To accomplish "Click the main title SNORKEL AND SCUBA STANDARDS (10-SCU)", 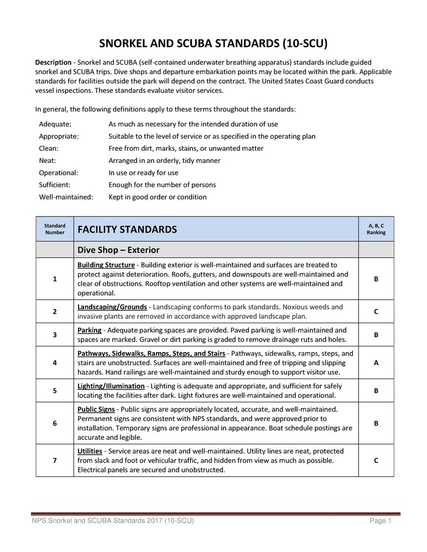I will [x=213, y=43].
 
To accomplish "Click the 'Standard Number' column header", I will [x=55, y=229].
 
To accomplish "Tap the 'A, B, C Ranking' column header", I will [x=376, y=229].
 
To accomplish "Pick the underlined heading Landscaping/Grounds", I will [x=112, y=307].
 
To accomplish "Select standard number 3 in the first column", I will [x=55, y=334].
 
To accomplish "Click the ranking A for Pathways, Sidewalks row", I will [x=376, y=362].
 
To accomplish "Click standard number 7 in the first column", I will [x=55, y=460].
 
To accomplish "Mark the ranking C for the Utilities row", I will [x=376, y=460].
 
